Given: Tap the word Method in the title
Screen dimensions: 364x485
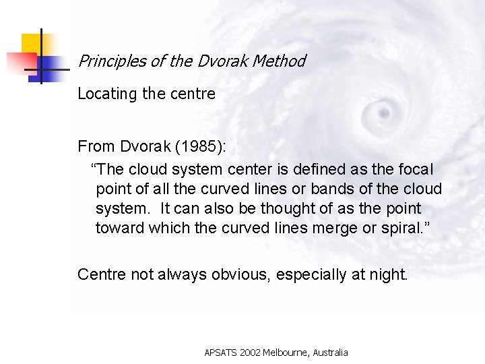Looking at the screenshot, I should coord(278,61).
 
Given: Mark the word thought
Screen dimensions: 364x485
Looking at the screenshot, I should coord(288,208).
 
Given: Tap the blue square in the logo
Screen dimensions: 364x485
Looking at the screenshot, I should coord(45,68).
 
